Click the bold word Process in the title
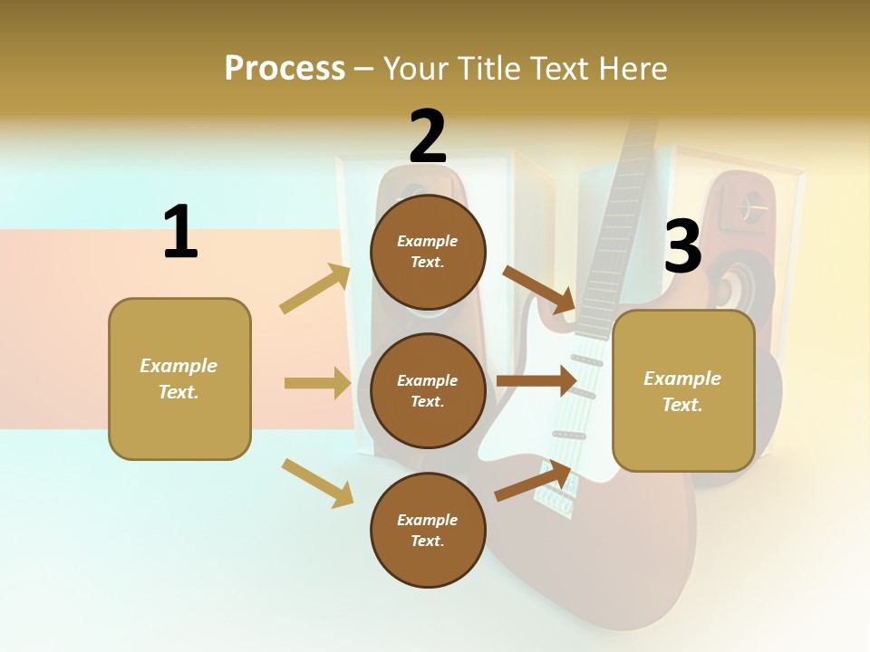(x=285, y=69)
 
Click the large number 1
(x=180, y=232)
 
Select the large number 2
(x=428, y=137)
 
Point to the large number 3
(x=682, y=246)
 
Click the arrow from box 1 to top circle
(x=315, y=289)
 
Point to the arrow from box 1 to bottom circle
(x=317, y=483)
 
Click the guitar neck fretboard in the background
(x=616, y=226)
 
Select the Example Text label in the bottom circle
(x=428, y=531)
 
